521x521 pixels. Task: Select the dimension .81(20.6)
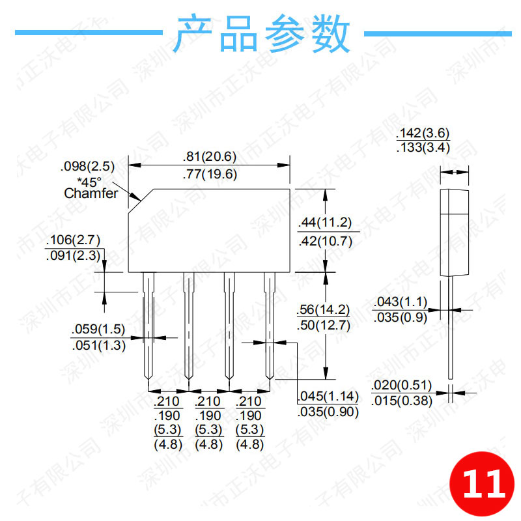point(209,157)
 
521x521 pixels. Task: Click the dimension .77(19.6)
point(209,174)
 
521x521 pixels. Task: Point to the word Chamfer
point(91,193)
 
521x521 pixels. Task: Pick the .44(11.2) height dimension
point(325,223)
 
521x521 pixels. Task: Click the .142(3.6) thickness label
point(423,134)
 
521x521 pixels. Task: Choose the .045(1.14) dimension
point(328,396)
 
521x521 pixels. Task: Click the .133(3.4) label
point(423,148)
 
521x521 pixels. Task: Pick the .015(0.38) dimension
point(402,401)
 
